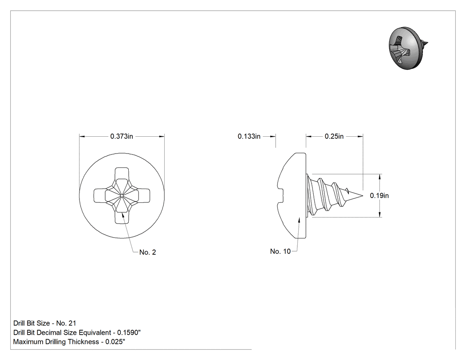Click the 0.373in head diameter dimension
pyautogui.click(x=122, y=136)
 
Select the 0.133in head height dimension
pyautogui.click(x=249, y=136)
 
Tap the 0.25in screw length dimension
pyautogui.click(x=334, y=136)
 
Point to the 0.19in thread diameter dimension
pyautogui.click(x=379, y=196)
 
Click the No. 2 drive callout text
pyautogui.click(x=148, y=252)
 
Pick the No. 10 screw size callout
pyautogui.click(x=280, y=251)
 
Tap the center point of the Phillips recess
pyautogui.click(x=122, y=195)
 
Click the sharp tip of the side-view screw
pyautogui.click(x=363, y=196)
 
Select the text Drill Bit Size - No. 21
pyautogui.click(x=44, y=323)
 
